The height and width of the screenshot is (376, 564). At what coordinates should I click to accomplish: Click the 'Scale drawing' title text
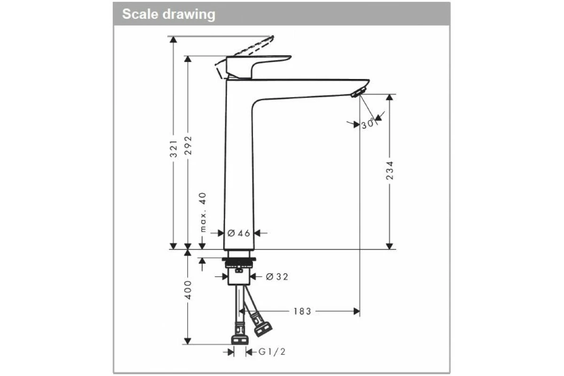(x=169, y=14)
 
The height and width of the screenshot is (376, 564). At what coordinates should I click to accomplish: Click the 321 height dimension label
(x=173, y=148)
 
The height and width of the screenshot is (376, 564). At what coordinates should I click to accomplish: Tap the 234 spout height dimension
(x=390, y=171)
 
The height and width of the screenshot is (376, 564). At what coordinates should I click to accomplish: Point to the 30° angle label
(x=368, y=125)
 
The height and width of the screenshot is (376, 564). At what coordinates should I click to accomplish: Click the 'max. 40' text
(x=203, y=212)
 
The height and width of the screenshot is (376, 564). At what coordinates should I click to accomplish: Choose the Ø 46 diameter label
(x=239, y=233)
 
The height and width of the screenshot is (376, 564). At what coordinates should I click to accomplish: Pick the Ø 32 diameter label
(x=277, y=277)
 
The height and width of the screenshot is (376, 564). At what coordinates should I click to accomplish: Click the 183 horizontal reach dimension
(x=302, y=311)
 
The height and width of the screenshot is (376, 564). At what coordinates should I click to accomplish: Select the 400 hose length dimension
(x=188, y=290)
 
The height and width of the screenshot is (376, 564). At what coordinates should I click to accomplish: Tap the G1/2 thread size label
(x=272, y=352)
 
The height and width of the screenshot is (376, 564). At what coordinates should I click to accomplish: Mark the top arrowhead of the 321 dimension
(x=173, y=39)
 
